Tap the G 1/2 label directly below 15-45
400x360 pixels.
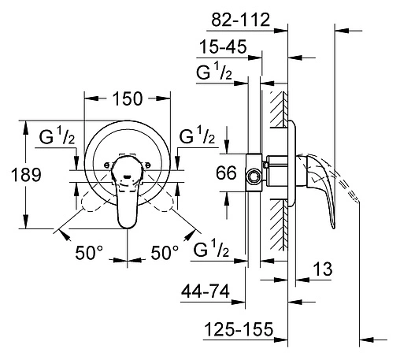(213, 72)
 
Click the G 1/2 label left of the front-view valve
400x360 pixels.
(57, 137)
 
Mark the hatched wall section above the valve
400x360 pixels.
(278, 106)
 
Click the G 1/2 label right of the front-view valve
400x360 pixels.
(197, 137)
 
